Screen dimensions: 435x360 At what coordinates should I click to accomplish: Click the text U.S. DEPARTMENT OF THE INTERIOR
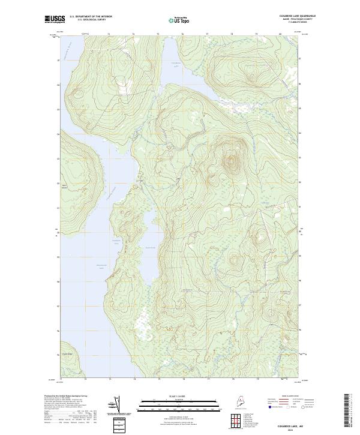click(x=91, y=16)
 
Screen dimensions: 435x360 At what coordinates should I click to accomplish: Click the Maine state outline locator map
click(x=224, y=400)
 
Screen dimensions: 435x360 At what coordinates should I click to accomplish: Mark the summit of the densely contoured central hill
click(x=231, y=161)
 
